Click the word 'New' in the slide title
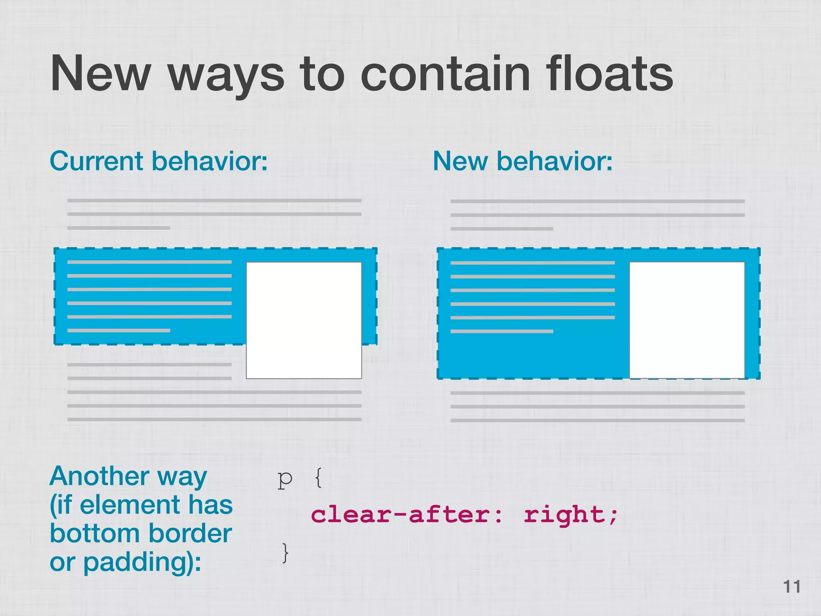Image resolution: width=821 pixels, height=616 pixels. click(x=100, y=74)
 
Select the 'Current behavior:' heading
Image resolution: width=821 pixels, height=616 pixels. click(x=158, y=161)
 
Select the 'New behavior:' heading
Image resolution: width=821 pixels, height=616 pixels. click(x=523, y=161)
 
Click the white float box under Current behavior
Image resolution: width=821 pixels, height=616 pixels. click(x=303, y=320)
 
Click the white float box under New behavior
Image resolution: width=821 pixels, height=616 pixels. click(x=687, y=320)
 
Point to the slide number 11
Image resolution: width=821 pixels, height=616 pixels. click(x=792, y=587)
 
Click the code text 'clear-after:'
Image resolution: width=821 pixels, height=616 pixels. click(x=406, y=515)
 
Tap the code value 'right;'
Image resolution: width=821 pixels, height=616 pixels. click(x=571, y=515)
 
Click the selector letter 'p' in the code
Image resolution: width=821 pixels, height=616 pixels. click(x=285, y=479)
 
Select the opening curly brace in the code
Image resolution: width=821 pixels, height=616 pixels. click(x=318, y=478)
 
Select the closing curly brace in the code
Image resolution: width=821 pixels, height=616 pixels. click(x=285, y=553)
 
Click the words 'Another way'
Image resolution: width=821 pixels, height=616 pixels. click(x=128, y=477)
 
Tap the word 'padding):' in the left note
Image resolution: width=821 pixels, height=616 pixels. click(x=142, y=562)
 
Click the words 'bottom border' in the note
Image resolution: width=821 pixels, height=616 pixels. click(x=141, y=533)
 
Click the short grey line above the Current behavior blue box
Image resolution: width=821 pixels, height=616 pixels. click(x=119, y=228)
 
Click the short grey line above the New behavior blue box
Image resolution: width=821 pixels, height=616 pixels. click(x=501, y=229)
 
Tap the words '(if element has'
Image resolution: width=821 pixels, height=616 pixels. click(x=141, y=505)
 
